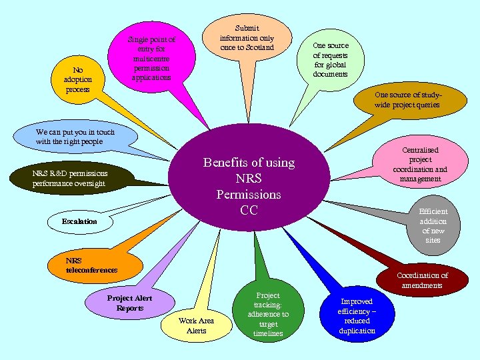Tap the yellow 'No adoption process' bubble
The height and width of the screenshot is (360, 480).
(x=78, y=79)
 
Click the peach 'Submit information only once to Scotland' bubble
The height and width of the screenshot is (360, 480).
(x=247, y=38)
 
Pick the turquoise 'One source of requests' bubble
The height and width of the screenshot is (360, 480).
(x=330, y=59)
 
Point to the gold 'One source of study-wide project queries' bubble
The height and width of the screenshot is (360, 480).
(x=407, y=100)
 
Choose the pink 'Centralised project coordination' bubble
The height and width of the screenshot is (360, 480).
(x=420, y=164)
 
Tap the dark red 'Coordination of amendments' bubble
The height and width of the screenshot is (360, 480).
(x=422, y=280)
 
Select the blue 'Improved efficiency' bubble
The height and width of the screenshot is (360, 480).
(x=357, y=316)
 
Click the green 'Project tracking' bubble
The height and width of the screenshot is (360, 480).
(x=268, y=314)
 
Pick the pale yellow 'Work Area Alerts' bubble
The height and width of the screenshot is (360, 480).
(x=197, y=325)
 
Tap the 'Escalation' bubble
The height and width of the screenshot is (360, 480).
(x=79, y=221)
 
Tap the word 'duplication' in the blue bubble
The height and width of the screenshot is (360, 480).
(x=357, y=331)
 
